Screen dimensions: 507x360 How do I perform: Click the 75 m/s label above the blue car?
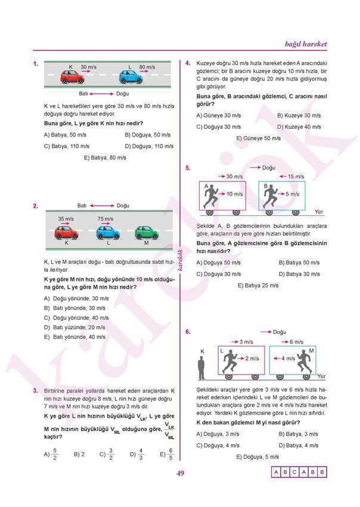(105, 219)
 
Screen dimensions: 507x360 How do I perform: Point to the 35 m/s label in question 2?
(66, 219)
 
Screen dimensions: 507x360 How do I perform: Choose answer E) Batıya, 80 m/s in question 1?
(105, 157)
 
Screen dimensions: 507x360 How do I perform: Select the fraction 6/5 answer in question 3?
(167, 455)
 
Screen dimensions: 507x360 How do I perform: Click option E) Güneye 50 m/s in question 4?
(258, 138)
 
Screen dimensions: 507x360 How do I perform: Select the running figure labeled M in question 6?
(305, 360)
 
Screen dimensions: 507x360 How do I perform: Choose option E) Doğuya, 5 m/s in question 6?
(257, 457)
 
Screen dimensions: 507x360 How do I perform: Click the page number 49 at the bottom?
(180, 474)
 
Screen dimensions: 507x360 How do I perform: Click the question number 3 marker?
(36, 390)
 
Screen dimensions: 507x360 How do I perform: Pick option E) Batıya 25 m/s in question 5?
(258, 285)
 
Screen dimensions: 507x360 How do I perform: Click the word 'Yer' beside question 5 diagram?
(318, 212)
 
